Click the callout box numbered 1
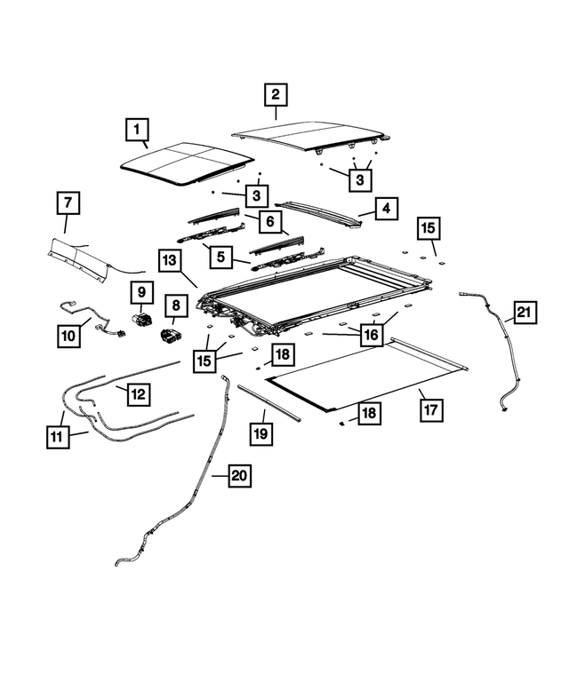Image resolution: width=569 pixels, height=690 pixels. click(138, 132)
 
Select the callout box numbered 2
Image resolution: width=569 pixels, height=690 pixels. click(276, 94)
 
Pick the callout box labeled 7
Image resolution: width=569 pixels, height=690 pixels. click(67, 203)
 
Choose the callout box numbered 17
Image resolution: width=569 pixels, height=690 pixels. click(430, 411)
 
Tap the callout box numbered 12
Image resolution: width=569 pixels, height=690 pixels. click(138, 392)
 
